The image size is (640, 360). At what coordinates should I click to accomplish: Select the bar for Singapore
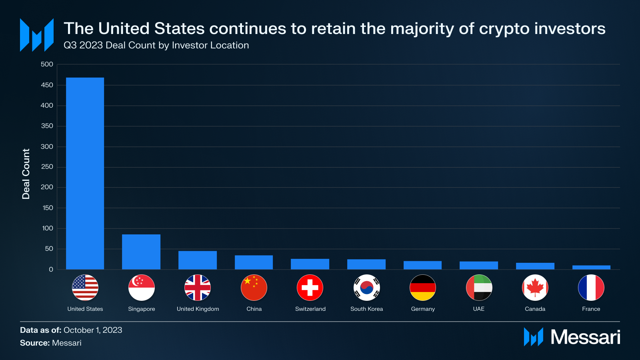pos(141,252)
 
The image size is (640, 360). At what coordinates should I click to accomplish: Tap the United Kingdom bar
pos(198,260)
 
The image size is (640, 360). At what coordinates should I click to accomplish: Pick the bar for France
pos(591,267)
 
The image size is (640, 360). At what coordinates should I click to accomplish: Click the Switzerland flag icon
pos(310,288)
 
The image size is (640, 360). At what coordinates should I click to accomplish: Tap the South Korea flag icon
pos(366,288)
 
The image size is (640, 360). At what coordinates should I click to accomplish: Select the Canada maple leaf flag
pos(535,288)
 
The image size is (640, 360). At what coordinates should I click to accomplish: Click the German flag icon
pos(423,288)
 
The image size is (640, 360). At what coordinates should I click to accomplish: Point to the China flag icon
pos(254,288)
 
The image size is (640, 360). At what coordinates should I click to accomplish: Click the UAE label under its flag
pos(479,309)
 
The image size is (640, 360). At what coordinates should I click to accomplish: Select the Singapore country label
pos(142,309)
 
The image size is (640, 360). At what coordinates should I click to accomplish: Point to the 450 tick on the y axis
pos(47,85)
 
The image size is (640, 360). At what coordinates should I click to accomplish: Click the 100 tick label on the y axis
pos(47,228)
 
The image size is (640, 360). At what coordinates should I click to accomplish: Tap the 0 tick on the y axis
pos(51,270)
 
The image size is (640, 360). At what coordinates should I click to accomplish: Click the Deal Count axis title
pos(26,174)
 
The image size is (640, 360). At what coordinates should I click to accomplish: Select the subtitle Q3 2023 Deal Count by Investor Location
pos(156,45)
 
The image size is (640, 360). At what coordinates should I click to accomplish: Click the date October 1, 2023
pos(93,330)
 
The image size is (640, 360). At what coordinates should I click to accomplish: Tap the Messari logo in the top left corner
pos(37,35)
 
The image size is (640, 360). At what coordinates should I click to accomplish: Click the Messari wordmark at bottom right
pos(585,337)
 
